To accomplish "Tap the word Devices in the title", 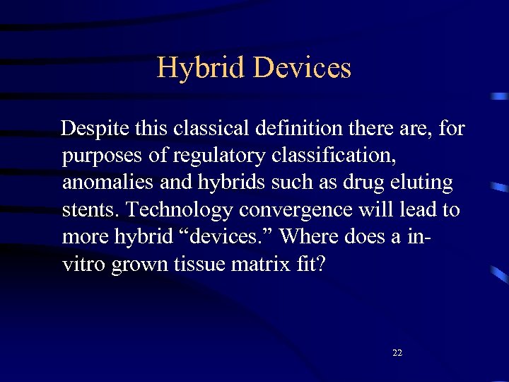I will point(302,68).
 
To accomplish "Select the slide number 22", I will point(397,352).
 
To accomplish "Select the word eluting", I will point(421,183).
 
